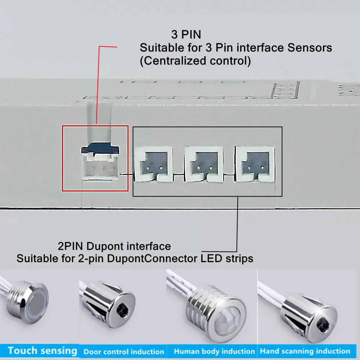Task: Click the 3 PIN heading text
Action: point(186,35)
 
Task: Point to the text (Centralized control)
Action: point(195,60)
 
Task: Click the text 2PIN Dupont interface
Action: point(114,247)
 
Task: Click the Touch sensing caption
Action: point(42,350)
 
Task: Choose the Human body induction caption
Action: point(214,351)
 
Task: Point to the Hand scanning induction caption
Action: point(305,351)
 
